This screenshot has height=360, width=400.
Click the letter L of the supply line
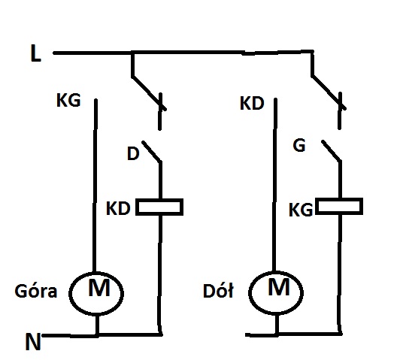tap(35, 53)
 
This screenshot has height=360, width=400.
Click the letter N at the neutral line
tap(33, 342)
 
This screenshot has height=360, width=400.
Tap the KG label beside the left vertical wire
tap(68, 100)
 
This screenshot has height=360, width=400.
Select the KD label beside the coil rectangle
tap(118, 208)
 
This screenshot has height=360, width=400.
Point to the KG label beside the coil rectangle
tap(301, 210)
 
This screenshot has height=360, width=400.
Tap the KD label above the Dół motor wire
tap(252, 104)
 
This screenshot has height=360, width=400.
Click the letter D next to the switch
tap(133, 153)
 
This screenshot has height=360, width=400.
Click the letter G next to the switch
tap(299, 146)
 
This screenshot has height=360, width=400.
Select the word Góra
tap(36, 291)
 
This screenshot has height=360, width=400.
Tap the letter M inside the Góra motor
tap(99, 287)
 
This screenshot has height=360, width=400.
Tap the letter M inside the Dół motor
tap(279, 286)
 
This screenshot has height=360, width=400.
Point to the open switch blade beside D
tap(152, 151)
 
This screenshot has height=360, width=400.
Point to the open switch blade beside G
tap(332, 150)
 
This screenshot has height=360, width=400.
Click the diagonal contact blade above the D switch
tap(149, 92)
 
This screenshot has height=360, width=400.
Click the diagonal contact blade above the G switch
tap(329, 92)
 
